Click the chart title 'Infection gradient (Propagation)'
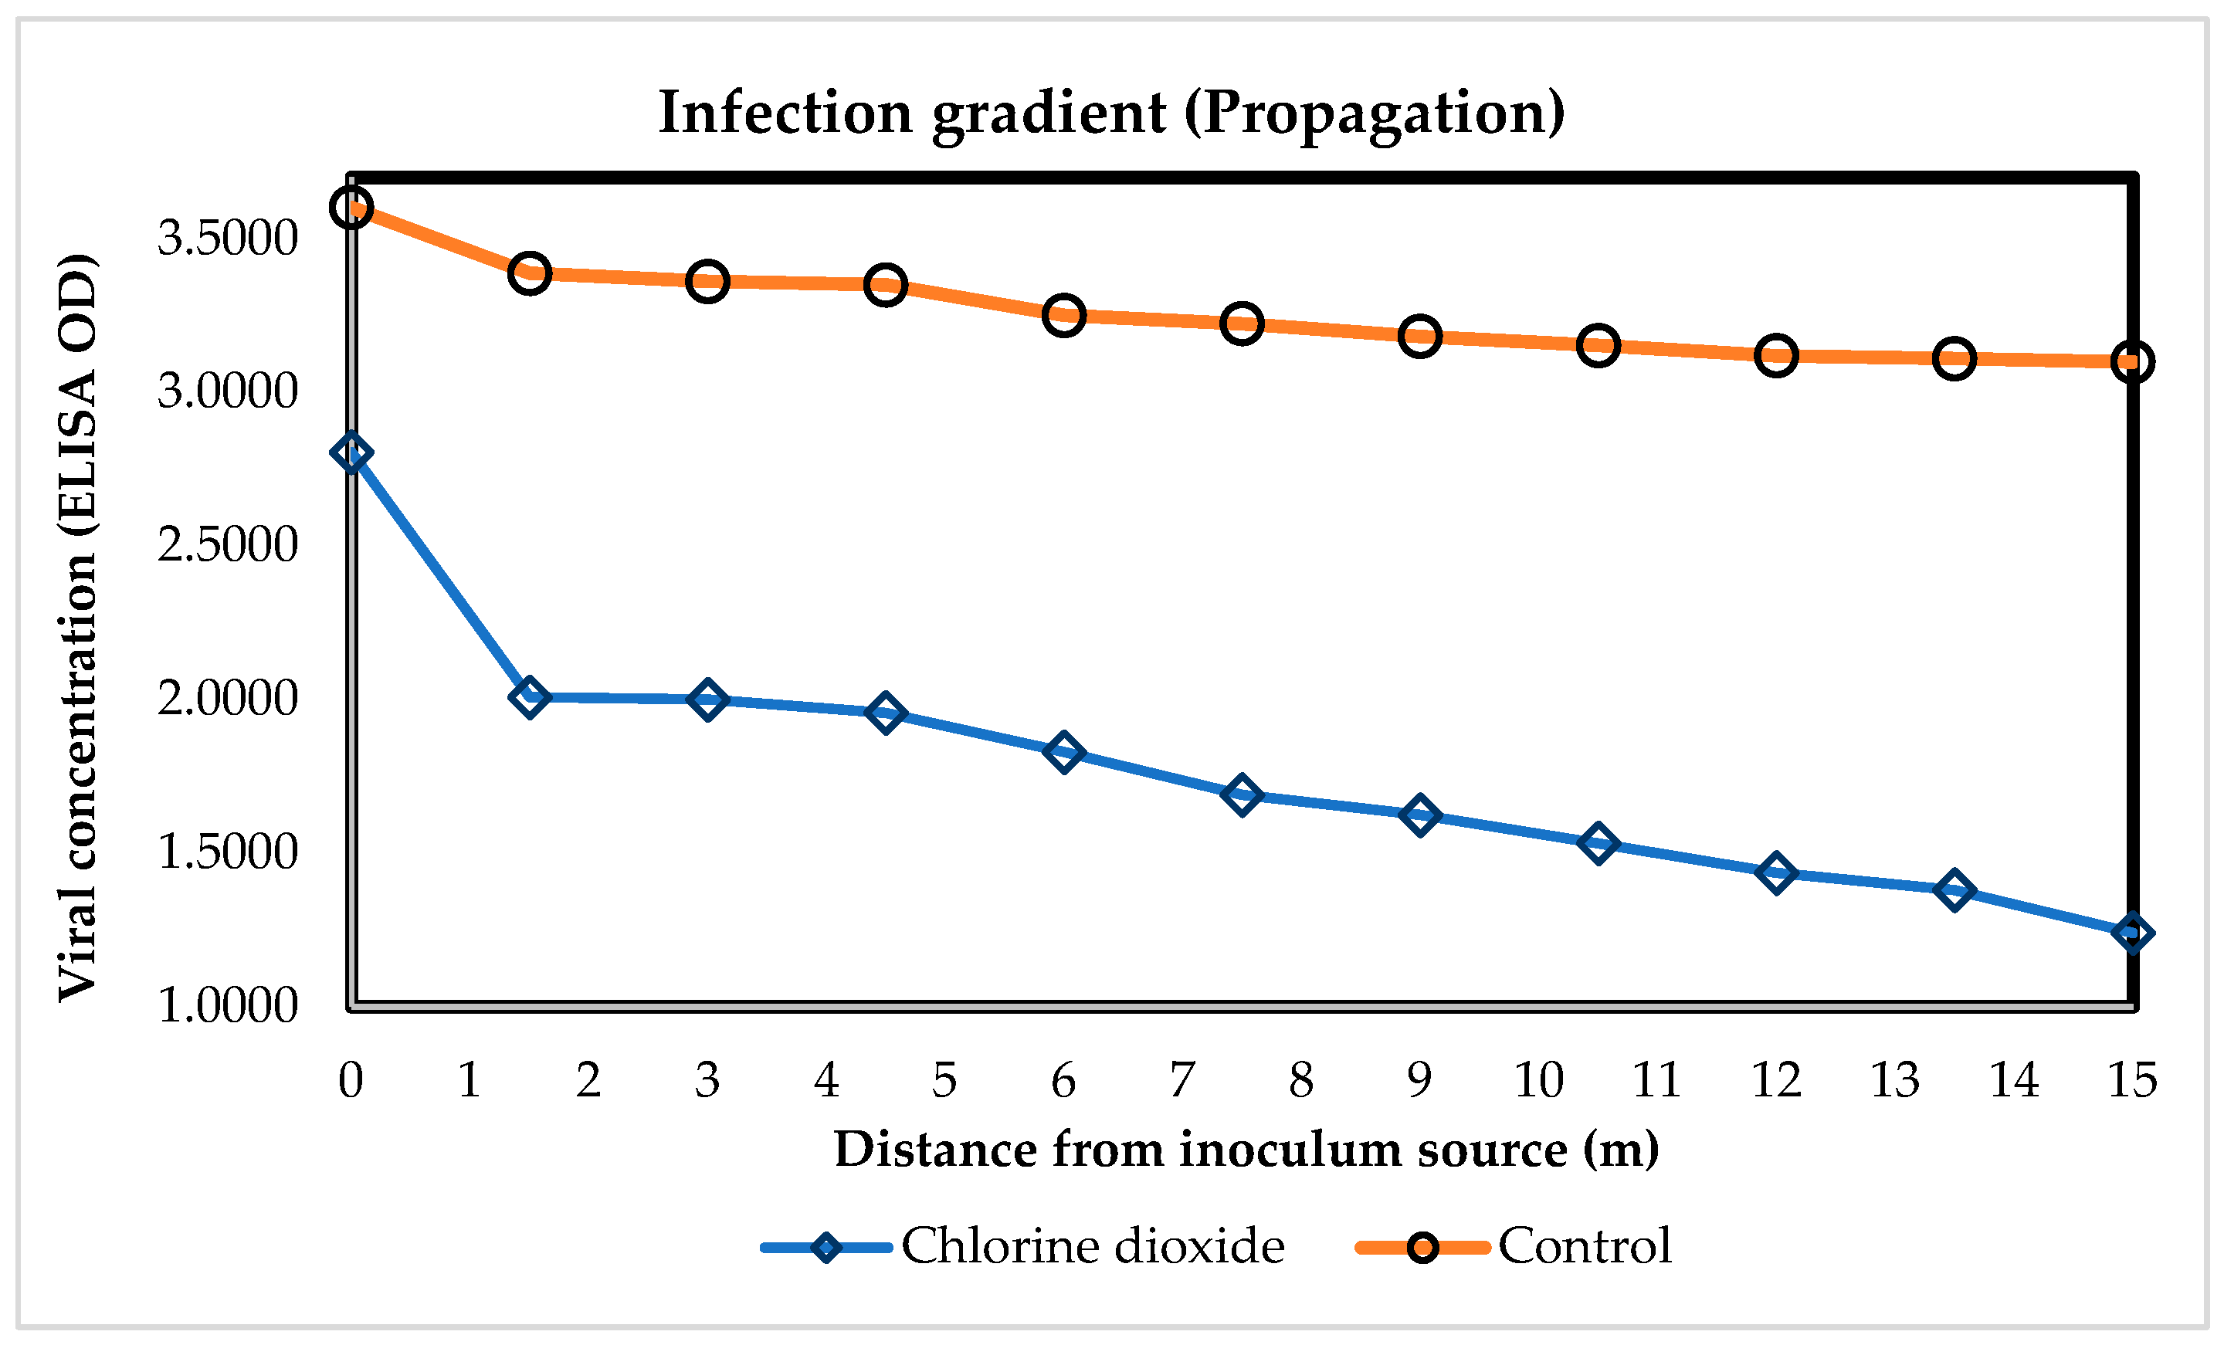pyautogui.click(x=1111, y=113)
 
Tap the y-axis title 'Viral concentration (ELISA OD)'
pyautogui.click(x=78, y=628)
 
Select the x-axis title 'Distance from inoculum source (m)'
pyautogui.click(x=1246, y=1149)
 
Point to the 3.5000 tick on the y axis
pyautogui.click(x=228, y=239)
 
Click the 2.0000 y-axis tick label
pyautogui.click(x=228, y=698)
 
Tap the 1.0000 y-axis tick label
pyautogui.click(x=228, y=1005)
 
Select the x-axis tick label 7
pyautogui.click(x=1181, y=1079)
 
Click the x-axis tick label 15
pyautogui.click(x=2132, y=1079)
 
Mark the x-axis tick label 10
pyautogui.click(x=1538, y=1079)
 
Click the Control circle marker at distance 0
pyautogui.click(x=351, y=208)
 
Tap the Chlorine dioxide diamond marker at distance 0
pyautogui.click(x=351, y=453)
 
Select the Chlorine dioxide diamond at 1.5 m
pyautogui.click(x=529, y=697)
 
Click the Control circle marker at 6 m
pyautogui.click(x=1063, y=315)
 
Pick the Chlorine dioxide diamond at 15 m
pyautogui.click(x=2132, y=933)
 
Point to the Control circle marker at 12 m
pyautogui.click(x=1775, y=356)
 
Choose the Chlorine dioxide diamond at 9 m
pyautogui.click(x=1419, y=815)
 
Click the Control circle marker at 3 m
pyautogui.click(x=707, y=282)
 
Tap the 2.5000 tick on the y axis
pyautogui.click(x=228, y=544)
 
